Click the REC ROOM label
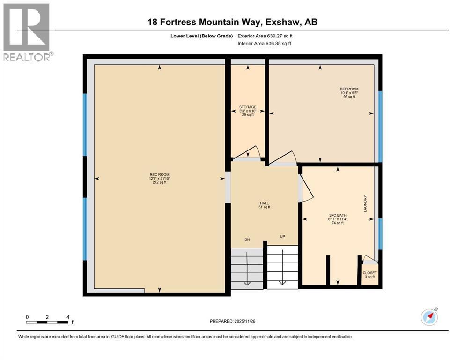158,175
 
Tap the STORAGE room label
248,107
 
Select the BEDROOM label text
349,89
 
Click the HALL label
264,203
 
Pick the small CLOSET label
369,273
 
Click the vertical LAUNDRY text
365,203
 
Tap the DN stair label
247,240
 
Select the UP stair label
282,236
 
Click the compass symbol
429,317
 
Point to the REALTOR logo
27,31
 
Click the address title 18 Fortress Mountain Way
232,22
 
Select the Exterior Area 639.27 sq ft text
265,36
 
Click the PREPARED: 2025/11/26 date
233,321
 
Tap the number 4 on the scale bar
68,317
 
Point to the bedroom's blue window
381,126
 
